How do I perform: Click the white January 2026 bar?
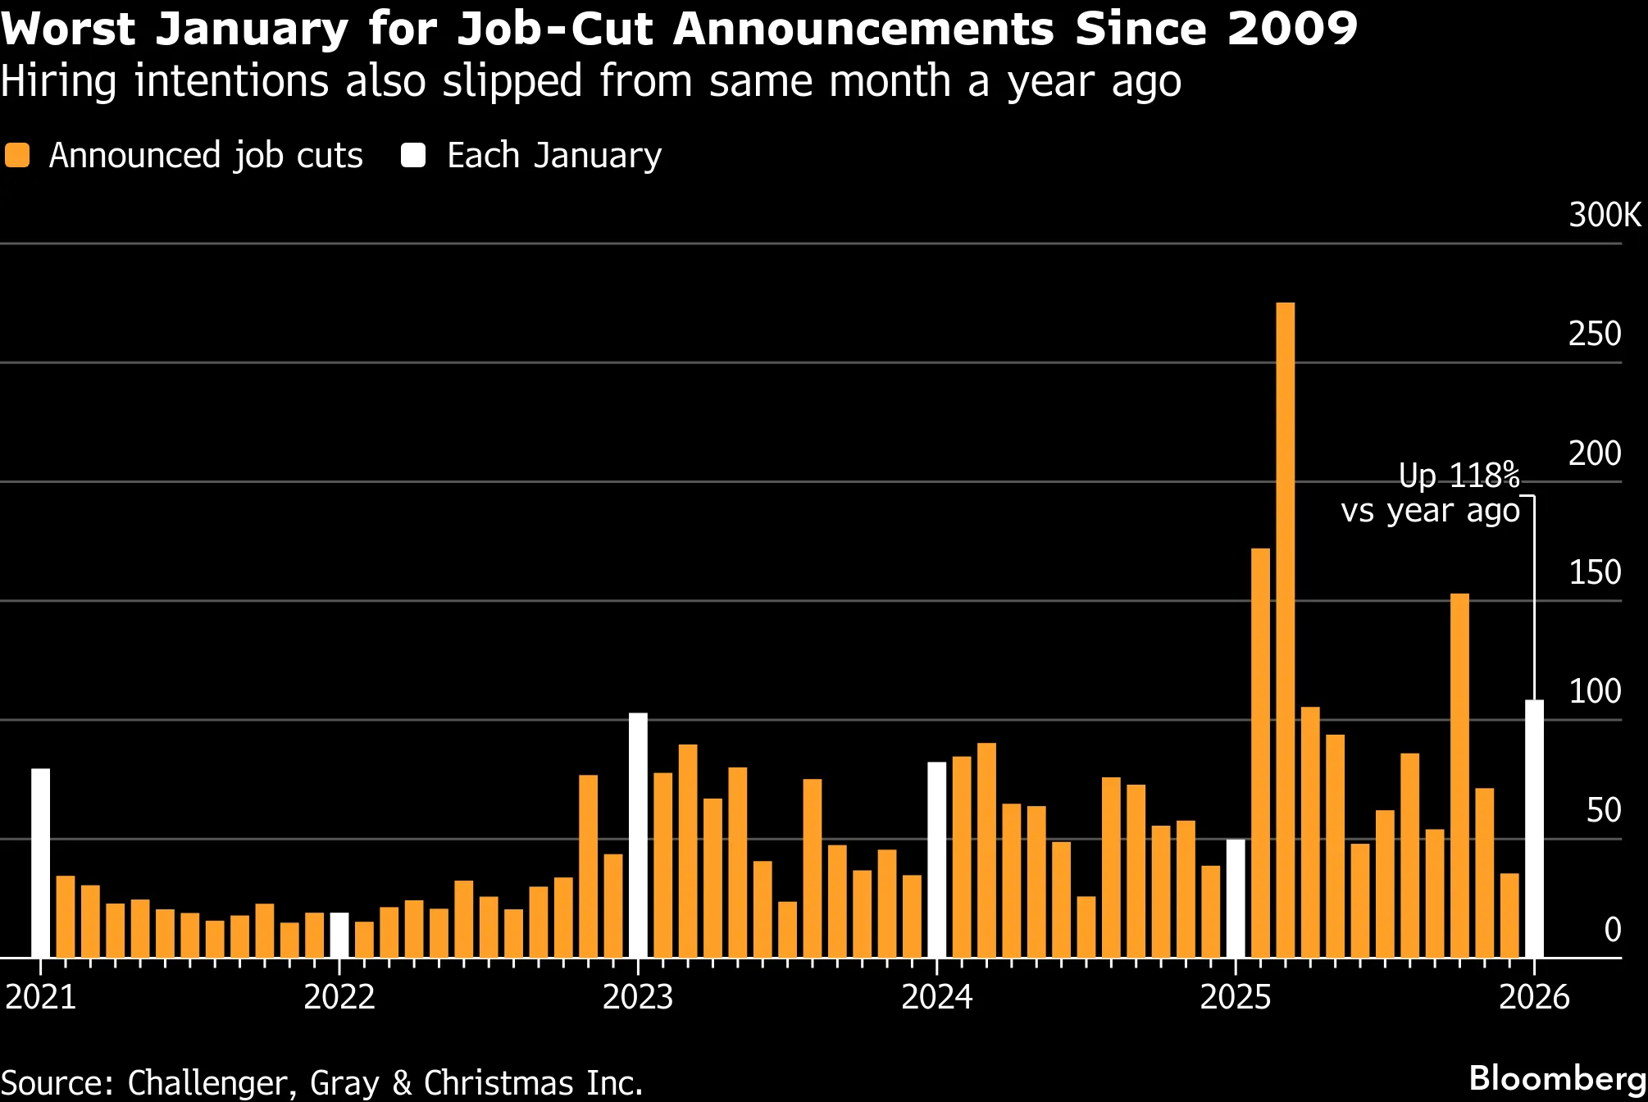click(x=1534, y=828)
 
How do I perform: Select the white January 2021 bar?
click(x=40, y=863)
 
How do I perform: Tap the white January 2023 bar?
click(x=638, y=835)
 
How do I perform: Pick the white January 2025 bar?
click(x=1236, y=898)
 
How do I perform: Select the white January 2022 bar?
click(x=339, y=935)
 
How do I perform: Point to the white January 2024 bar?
click(x=936, y=859)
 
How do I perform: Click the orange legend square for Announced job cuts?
click(x=17, y=155)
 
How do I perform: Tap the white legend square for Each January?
click(x=413, y=155)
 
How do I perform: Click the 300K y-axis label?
click(x=1605, y=215)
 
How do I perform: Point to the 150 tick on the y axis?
click(x=1595, y=572)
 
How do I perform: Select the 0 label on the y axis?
click(x=1612, y=930)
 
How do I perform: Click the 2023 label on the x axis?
click(x=638, y=997)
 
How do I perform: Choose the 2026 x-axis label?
click(x=1534, y=997)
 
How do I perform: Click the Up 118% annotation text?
click(x=1459, y=476)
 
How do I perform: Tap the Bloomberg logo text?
click(x=1557, y=1078)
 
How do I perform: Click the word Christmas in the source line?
click(x=499, y=1083)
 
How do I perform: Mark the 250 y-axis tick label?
click(x=1595, y=334)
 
